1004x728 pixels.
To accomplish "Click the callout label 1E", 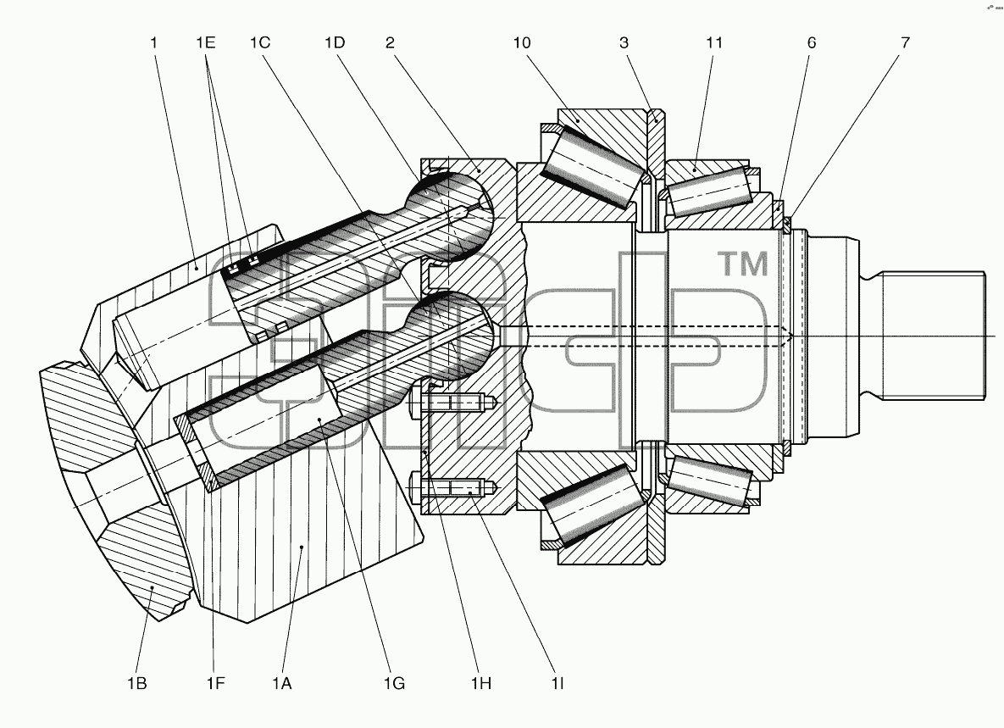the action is pyautogui.click(x=206, y=43).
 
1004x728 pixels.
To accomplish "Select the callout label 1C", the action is pyautogui.click(x=260, y=43).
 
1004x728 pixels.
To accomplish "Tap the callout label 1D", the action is pyautogui.click(x=335, y=43).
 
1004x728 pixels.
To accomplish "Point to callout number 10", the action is pyautogui.click(x=522, y=43).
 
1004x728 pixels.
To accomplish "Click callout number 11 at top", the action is pyautogui.click(x=714, y=43).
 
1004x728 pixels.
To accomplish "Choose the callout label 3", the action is pyautogui.click(x=624, y=43).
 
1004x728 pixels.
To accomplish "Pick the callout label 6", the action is pyautogui.click(x=812, y=43).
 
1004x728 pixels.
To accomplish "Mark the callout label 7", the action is pyautogui.click(x=905, y=43).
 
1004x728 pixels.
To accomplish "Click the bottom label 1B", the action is pyautogui.click(x=137, y=684).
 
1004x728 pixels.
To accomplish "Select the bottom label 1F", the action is pyautogui.click(x=216, y=684).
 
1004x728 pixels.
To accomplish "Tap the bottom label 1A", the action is pyautogui.click(x=282, y=684).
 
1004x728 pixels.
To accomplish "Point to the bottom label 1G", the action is pyautogui.click(x=395, y=684).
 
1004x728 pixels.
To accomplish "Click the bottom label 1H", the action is pyautogui.click(x=481, y=684).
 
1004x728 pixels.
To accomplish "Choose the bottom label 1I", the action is pyautogui.click(x=557, y=684).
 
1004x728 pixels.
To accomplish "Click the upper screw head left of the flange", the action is pyautogui.click(x=415, y=403).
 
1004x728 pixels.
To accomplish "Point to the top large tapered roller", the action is pyautogui.click(x=592, y=166).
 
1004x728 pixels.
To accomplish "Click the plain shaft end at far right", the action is pyautogui.click(x=934, y=335).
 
